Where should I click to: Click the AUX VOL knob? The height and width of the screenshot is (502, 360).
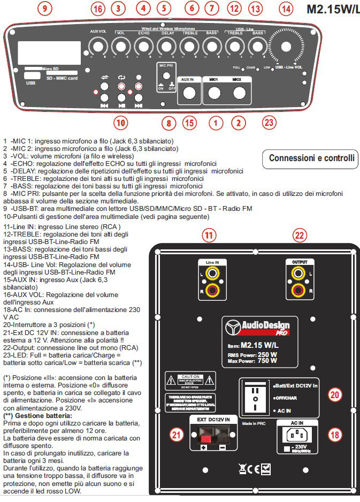[97, 48]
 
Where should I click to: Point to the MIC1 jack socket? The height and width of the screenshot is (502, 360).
[214, 93]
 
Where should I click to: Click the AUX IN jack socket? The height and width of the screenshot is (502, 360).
[188, 93]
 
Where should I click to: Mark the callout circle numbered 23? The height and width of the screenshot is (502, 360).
[269, 122]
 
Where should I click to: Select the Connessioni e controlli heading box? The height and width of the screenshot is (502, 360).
[311, 158]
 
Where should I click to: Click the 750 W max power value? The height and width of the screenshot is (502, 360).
[266, 360]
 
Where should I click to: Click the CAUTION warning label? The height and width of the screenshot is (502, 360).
[190, 381]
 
